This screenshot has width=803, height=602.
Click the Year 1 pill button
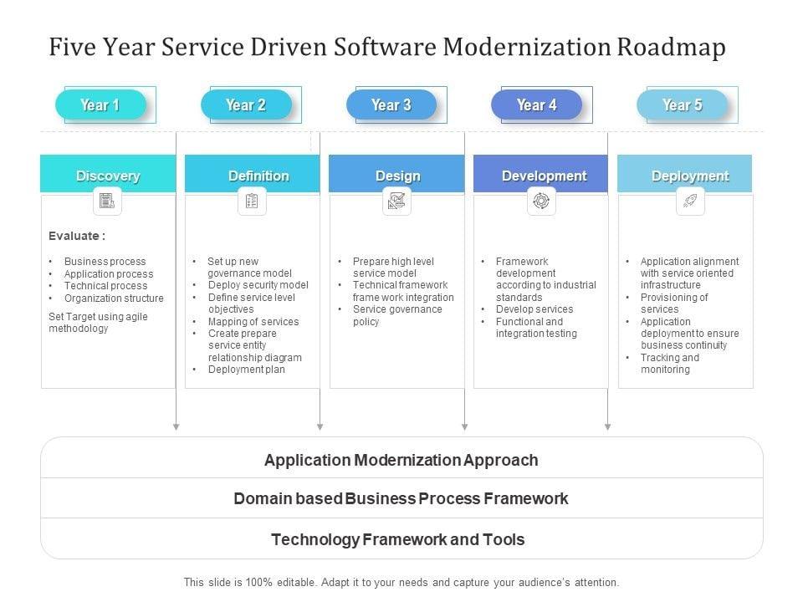tap(100, 105)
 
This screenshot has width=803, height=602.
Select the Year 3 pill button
tap(391, 105)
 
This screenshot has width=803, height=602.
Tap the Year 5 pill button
tap(682, 105)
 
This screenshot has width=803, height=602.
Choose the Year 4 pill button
tap(536, 105)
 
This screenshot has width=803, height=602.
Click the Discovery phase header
tap(108, 176)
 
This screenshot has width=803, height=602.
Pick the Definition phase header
tap(258, 176)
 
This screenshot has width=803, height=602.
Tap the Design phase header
tap(397, 176)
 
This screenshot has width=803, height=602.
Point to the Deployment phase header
tap(690, 176)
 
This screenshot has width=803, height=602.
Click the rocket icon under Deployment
tap(690, 201)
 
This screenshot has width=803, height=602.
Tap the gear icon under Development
tap(541, 201)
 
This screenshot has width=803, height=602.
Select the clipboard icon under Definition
tap(252, 201)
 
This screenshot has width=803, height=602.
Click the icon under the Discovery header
tap(107, 201)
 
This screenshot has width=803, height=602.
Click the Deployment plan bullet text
tap(247, 370)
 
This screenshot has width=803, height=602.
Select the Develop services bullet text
tap(534, 309)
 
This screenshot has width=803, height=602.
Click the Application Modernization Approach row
tap(401, 460)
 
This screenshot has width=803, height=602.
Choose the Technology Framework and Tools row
tap(398, 539)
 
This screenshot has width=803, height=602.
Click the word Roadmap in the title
tap(671, 48)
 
